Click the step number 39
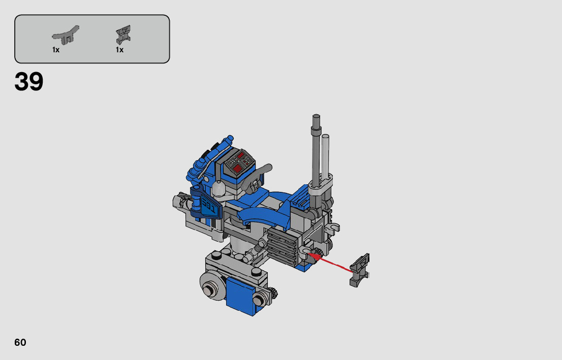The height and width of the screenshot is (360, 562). pos(28,81)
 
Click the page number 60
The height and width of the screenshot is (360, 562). pos(20,342)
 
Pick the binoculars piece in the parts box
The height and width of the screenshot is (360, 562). pos(123,35)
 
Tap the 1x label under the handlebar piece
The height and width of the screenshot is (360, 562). pos(56,50)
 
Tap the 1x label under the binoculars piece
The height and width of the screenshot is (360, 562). pos(120,50)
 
